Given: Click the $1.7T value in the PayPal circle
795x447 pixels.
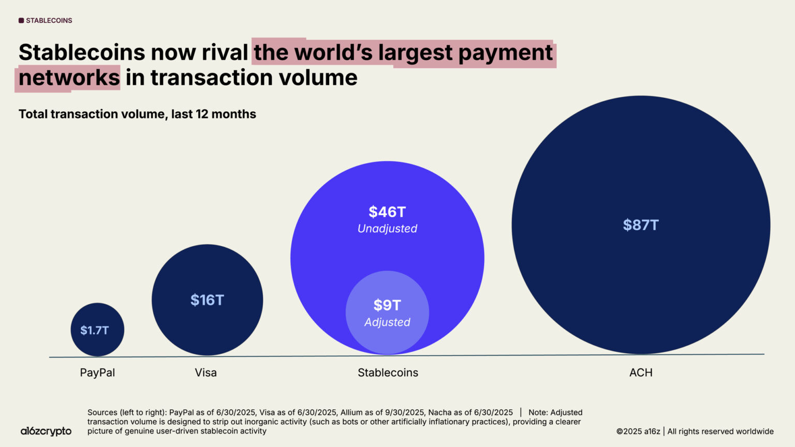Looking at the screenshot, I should point(95,330).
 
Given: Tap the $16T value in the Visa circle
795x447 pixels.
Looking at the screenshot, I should point(207,300).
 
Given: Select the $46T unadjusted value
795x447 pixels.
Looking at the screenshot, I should point(387,212).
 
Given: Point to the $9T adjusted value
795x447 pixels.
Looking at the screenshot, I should point(387,305).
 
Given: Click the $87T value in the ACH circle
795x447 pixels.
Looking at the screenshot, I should point(641,225).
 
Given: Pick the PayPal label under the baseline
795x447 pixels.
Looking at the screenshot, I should point(97,373).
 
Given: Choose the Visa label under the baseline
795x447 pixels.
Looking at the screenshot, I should point(206,373).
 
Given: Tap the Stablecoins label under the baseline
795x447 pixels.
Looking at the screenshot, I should point(388,373).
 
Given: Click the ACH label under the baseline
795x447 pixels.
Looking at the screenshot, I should point(641,373).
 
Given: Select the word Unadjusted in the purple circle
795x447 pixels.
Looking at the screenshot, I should point(387,229).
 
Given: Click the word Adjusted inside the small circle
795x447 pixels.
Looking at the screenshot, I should point(387,322).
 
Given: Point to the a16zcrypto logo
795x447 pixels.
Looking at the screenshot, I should point(46,431).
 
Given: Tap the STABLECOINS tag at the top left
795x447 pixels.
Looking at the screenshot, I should point(49,21).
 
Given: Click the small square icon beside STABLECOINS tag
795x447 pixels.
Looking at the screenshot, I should point(21,21).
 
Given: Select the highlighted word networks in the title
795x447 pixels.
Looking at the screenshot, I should point(69,78).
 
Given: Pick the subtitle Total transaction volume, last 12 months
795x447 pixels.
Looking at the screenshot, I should point(137,114).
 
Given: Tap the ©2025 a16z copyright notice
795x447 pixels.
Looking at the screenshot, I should point(638,431).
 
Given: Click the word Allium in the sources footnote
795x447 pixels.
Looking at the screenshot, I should point(352,412).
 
